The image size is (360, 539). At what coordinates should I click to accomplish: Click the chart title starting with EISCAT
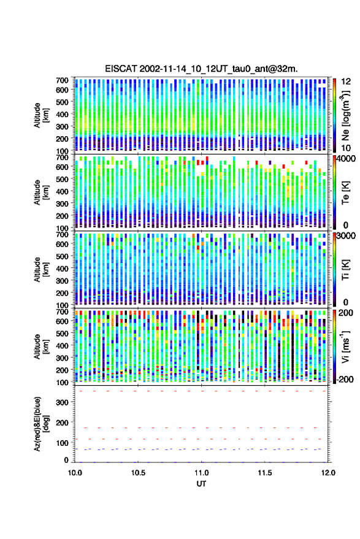[201, 69]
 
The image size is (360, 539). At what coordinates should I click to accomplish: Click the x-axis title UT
[201, 484]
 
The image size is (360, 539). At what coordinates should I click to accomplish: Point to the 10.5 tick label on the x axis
[138, 473]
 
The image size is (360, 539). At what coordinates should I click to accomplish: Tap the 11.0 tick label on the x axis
[201, 473]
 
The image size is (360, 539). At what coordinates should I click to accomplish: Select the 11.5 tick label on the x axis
[265, 473]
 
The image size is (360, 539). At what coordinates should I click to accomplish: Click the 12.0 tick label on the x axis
[328, 473]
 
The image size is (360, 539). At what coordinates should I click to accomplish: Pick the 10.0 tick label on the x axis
[75, 473]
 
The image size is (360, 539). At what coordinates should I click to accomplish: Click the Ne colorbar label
[345, 115]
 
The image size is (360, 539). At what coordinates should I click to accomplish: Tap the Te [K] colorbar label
[345, 193]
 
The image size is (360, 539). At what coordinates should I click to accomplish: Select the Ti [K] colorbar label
[345, 270]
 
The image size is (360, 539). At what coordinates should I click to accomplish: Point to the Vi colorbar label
[345, 346]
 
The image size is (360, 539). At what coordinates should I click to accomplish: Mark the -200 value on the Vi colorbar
[345, 379]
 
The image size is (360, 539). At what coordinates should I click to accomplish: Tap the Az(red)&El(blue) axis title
[41, 424]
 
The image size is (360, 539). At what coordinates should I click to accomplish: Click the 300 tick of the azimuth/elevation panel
[62, 402]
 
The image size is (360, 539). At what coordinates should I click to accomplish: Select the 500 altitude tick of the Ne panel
[62, 102]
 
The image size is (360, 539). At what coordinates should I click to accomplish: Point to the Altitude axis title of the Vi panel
[41, 346]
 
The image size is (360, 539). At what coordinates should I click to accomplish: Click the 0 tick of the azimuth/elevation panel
[66, 460]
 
